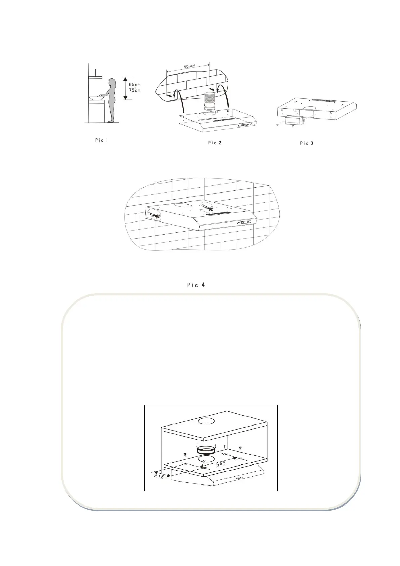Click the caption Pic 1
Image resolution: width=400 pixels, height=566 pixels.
(102, 140)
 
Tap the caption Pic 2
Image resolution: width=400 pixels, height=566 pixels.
(215, 143)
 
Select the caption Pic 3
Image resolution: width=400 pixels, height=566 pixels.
(306, 143)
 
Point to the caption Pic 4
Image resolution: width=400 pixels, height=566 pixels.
(196, 285)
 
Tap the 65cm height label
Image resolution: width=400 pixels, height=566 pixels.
(135, 84)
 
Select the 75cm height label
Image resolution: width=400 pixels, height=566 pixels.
(135, 90)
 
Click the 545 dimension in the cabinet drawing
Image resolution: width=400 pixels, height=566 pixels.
(221, 464)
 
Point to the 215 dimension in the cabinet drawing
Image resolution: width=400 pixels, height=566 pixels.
(159, 476)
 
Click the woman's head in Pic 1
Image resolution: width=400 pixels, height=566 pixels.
(113, 82)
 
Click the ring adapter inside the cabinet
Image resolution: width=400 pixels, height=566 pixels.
(207, 450)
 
